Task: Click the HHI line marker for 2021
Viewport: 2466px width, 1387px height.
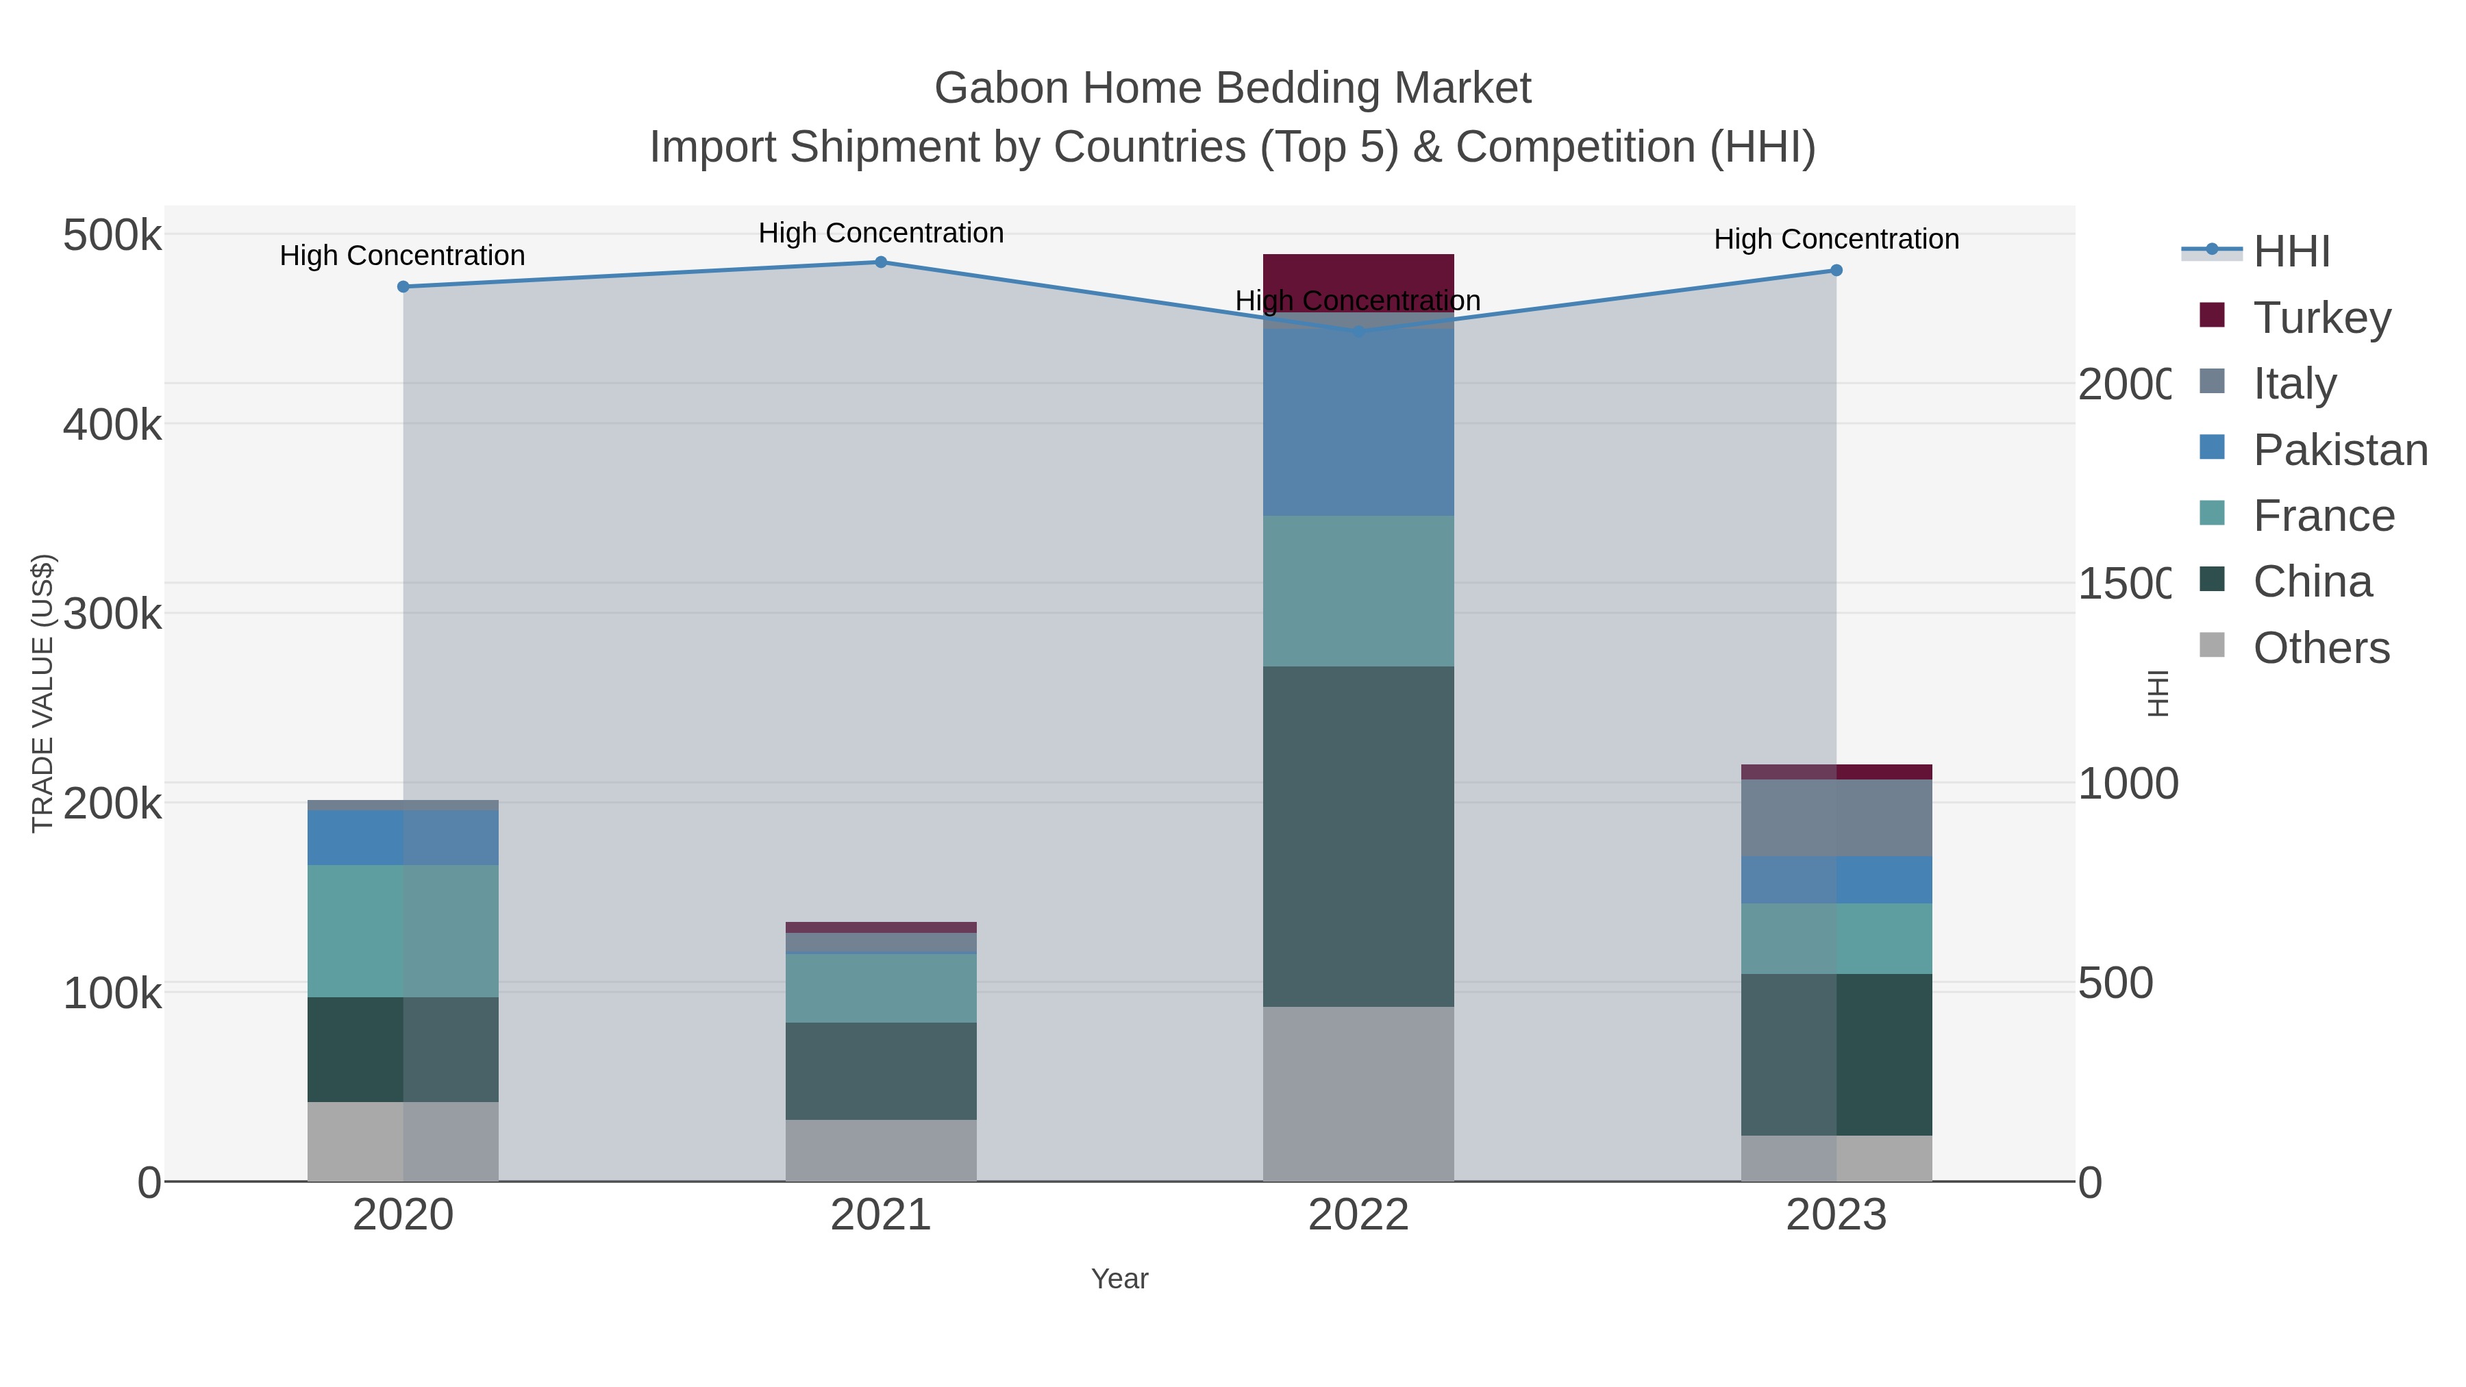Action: [x=881, y=262]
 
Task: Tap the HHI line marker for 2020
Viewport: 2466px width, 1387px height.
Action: [x=403, y=286]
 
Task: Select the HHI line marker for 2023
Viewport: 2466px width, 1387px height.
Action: [x=1836, y=271]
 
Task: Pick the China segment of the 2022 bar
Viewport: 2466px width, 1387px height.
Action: [x=1358, y=836]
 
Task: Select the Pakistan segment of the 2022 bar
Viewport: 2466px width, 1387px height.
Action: [x=1358, y=421]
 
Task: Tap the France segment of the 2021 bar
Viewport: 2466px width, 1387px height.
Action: [x=881, y=988]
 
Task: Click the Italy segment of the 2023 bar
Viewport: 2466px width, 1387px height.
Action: [x=1836, y=817]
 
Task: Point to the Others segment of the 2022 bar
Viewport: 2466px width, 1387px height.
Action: [x=1358, y=1093]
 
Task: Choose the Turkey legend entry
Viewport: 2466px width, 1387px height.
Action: [x=2321, y=318]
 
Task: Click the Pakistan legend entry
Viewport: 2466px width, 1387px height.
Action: [x=2340, y=450]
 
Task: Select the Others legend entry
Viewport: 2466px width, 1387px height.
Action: [x=2321, y=648]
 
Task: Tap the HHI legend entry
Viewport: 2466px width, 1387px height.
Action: [x=2291, y=252]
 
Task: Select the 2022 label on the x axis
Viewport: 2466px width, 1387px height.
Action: [x=1358, y=1216]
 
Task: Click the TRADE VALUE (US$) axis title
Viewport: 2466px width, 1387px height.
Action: [x=43, y=693]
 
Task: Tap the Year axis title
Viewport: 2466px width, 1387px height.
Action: [x=1119, y=1279]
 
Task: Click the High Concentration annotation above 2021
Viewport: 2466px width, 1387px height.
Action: [x=881, y=233]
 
